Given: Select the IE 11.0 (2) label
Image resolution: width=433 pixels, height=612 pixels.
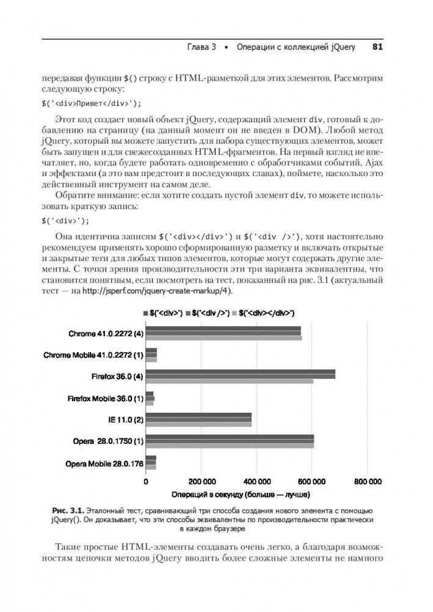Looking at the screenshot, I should [122, 419].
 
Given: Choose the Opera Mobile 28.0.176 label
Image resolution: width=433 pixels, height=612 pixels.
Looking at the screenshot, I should [103, 463].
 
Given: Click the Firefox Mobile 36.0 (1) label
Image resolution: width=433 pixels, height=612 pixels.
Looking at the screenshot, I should [104, 398].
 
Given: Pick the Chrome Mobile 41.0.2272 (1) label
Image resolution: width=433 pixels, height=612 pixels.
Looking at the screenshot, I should [93, 355].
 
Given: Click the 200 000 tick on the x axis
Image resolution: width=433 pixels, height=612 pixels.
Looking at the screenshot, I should [201, 481].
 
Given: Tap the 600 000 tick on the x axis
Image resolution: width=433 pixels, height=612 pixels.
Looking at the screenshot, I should [311, 481].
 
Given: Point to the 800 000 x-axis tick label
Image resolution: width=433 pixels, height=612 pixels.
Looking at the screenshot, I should [367, 481].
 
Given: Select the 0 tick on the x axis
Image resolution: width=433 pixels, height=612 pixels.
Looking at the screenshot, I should [145, 481].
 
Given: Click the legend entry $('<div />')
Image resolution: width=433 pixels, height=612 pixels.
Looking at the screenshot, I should [208, 313].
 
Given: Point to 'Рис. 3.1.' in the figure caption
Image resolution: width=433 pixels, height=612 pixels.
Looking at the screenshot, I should [68, 510].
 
